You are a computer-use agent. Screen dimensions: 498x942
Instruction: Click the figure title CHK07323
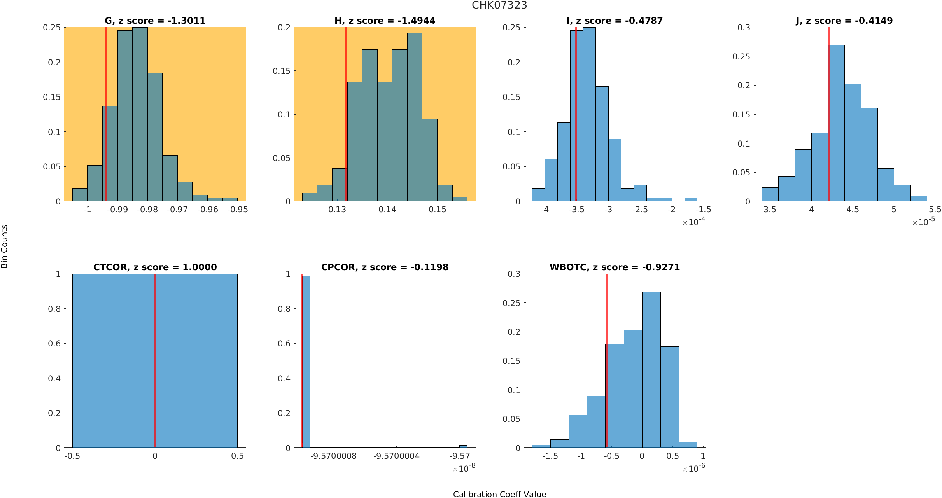499,5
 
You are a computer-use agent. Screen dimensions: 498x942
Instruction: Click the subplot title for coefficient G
155,21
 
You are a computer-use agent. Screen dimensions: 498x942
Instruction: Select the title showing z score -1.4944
385,21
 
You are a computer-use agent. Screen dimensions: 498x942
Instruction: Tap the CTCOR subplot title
155,267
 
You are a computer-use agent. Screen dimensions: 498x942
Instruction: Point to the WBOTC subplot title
615,267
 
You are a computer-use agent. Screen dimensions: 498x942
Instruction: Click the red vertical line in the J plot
829,117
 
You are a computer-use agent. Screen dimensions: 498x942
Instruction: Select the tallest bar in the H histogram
415,117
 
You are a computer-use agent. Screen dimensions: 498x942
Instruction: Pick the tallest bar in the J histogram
836,124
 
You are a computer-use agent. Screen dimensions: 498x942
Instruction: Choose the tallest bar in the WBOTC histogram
651,369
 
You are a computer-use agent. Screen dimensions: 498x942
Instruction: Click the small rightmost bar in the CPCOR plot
463,446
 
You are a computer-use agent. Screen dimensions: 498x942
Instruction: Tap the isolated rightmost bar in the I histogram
691,199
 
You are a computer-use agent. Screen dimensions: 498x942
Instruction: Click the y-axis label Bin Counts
5,246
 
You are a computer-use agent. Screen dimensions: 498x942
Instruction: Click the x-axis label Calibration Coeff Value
499,494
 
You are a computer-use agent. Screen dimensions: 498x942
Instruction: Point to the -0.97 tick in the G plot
177,210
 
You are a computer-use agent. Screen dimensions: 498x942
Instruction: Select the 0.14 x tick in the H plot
387,210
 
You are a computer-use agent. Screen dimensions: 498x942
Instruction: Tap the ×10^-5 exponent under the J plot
923,222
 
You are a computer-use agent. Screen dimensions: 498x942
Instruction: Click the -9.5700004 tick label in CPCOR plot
396,456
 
